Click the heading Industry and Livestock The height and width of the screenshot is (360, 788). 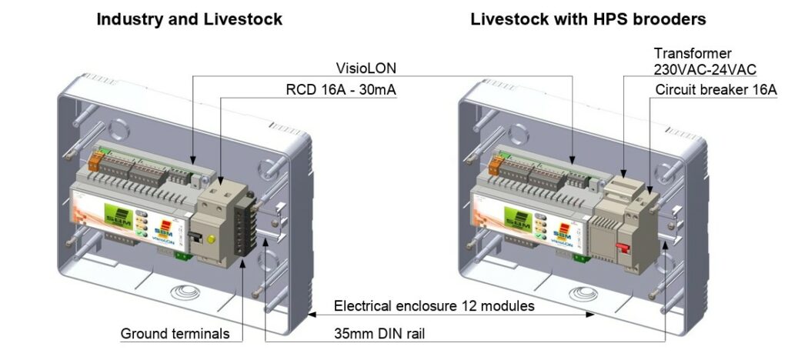point(189,19)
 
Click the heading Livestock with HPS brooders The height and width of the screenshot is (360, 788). point(588,19)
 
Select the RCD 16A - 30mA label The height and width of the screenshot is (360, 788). point(341,90)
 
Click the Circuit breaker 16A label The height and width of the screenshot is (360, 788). point(716,90)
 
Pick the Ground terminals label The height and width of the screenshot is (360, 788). point(175,333)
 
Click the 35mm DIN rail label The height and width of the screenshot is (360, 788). point(379,333)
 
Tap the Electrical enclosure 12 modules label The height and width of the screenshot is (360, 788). point(434,306)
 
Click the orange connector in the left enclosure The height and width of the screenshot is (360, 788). point(95,161)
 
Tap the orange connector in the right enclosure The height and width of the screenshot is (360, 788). point(495,164)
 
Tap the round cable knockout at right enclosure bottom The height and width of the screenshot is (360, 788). point(583,293)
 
